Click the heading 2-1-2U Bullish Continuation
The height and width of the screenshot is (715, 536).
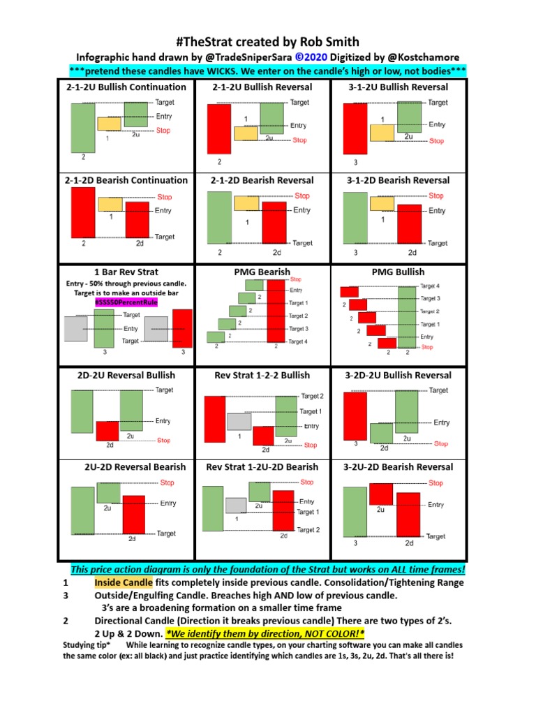pos(126,87)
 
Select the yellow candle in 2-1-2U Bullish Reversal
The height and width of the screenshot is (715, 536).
pos(245,133)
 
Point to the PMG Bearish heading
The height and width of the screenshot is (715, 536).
pos(262,272)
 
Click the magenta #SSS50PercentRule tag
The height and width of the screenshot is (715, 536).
pos(126,303)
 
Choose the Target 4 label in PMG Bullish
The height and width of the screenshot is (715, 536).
pos(430,286)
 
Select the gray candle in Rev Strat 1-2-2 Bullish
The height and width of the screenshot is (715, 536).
pos(238,421)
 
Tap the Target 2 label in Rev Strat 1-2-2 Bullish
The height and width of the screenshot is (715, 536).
pos(312,397)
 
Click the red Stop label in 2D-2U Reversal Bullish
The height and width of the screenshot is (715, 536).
pos(163,441)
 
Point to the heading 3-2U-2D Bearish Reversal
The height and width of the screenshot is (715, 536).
pos(399,467)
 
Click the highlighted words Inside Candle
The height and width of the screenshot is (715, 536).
pos(121,582)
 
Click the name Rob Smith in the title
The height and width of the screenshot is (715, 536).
pos(331,42)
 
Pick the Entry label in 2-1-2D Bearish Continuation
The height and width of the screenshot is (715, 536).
pos(163,211)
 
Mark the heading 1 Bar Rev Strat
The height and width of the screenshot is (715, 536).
pos(126,272)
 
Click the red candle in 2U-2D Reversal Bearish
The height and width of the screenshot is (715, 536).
pos(133,514)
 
